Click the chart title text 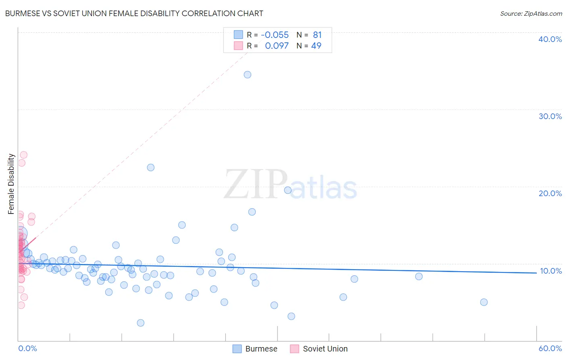134,13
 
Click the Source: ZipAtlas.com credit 531,13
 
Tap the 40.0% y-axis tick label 550,39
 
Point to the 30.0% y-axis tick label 550,116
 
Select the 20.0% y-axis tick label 550,193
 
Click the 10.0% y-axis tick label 550,271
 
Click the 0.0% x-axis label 27,348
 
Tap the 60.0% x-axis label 550,348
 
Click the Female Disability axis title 11,184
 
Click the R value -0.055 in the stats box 275,35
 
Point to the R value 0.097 277,46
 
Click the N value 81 317,35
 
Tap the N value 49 316,46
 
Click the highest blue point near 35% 248,75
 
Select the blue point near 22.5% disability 151,167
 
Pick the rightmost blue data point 484,302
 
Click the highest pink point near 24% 24,155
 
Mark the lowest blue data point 141,323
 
